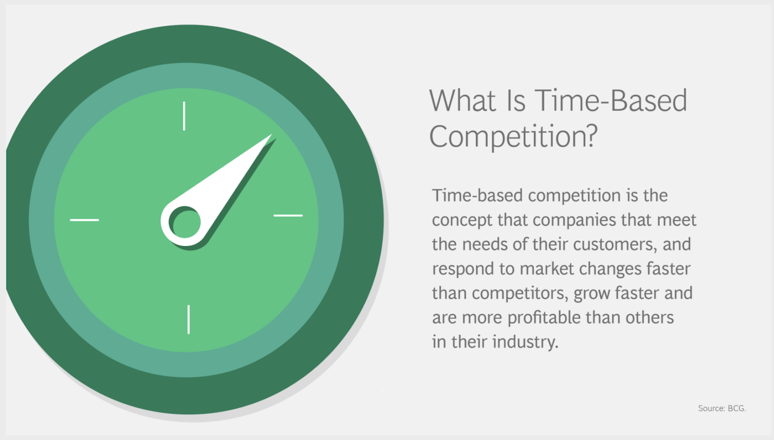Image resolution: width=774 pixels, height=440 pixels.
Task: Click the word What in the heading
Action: tap(462, 101)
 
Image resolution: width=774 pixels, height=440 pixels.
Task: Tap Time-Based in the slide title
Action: tap(611, 101)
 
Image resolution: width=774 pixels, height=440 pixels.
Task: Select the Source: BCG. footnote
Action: tap(722, 409)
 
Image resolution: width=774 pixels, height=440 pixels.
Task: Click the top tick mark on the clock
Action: tap(184, 116)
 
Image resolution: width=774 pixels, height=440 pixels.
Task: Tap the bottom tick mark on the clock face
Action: tap(189, 320)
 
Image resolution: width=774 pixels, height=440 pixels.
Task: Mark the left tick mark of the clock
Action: tap(84, 220)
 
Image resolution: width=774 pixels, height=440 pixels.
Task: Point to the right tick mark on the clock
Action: tap(288, 216)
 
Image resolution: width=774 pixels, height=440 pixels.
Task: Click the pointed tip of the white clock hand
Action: tap(271, 134)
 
